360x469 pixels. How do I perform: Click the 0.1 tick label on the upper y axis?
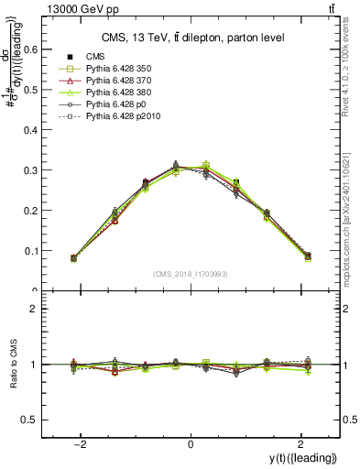(x=34, y=251)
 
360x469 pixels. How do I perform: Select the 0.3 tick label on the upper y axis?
(x=34, y=170)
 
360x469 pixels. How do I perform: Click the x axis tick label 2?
(x=300, y=444)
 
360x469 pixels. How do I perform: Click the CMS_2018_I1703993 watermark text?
(x=190, y=273)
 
